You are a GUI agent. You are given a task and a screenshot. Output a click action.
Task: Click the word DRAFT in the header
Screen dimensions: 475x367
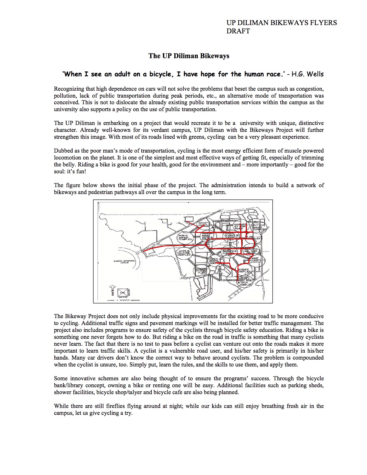coord(238,31)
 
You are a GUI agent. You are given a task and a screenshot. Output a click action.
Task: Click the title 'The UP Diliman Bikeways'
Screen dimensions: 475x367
coord(189,56)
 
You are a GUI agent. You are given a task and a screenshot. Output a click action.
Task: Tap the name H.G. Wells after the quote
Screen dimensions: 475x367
coord(307,74)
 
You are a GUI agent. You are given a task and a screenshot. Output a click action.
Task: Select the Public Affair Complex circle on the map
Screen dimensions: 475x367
coord(185,238)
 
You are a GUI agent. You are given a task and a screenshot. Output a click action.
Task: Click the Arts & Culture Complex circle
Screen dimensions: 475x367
coord(184,253)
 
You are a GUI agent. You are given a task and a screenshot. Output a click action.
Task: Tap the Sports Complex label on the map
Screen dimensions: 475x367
coord(205,224)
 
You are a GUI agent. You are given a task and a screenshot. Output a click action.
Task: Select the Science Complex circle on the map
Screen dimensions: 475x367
coord(244,271)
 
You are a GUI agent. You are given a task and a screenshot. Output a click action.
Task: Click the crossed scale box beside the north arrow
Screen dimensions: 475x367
coord(123,292)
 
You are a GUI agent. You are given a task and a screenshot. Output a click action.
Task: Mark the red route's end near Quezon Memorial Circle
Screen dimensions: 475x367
coord(143,252)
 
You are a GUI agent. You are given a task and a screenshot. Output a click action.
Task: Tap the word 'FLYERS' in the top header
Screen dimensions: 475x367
coord(323,23)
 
